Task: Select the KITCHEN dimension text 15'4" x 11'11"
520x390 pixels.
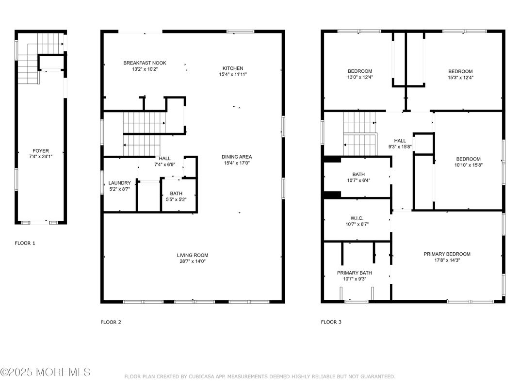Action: (x=233, y=74)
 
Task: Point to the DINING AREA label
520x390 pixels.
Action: (x=237, y=157)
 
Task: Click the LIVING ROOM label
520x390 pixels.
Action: (x=193, y=255)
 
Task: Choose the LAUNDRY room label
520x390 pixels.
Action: (x=119, y=183)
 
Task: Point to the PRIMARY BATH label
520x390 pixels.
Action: (x=354, y=273)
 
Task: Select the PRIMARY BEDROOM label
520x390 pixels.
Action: (x=447, y=254)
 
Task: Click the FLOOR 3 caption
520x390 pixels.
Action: (x=331, y=322)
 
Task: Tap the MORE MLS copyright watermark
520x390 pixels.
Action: (x=45, y=373)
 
